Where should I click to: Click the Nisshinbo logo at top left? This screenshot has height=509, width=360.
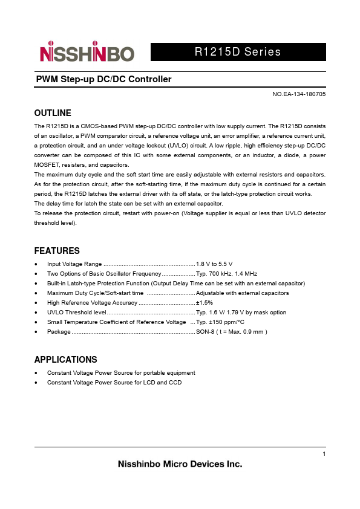[x=87, y=54]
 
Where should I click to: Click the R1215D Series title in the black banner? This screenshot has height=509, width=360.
[x=238, y=52]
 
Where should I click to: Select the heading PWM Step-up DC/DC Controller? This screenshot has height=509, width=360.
[x=103, y=80]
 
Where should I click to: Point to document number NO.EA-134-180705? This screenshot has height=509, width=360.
[x=299, y=95]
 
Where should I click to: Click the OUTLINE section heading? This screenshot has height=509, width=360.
[x=53, y=113]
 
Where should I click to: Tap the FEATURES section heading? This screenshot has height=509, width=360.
[x=57, y=251]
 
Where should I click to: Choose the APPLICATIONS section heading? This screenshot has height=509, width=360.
[x=65, y=360]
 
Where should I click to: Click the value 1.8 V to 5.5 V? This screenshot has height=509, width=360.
[x=214, y=264]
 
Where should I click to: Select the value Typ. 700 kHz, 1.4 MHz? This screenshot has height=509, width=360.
[x=226, y=274]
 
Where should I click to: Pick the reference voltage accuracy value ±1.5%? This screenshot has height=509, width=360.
[x=205, y=302]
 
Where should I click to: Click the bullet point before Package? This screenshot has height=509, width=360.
[x=37, y=332]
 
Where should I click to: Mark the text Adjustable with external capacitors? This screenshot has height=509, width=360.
[x=243, y=293]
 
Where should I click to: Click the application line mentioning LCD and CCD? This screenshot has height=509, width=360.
[x=114, y=383]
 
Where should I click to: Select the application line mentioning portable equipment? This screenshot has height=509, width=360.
[x=121, y=373]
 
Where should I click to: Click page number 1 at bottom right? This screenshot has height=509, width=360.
[x=324, y=454]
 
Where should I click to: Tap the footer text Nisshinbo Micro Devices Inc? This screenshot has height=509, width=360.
[x=179, y=465]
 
